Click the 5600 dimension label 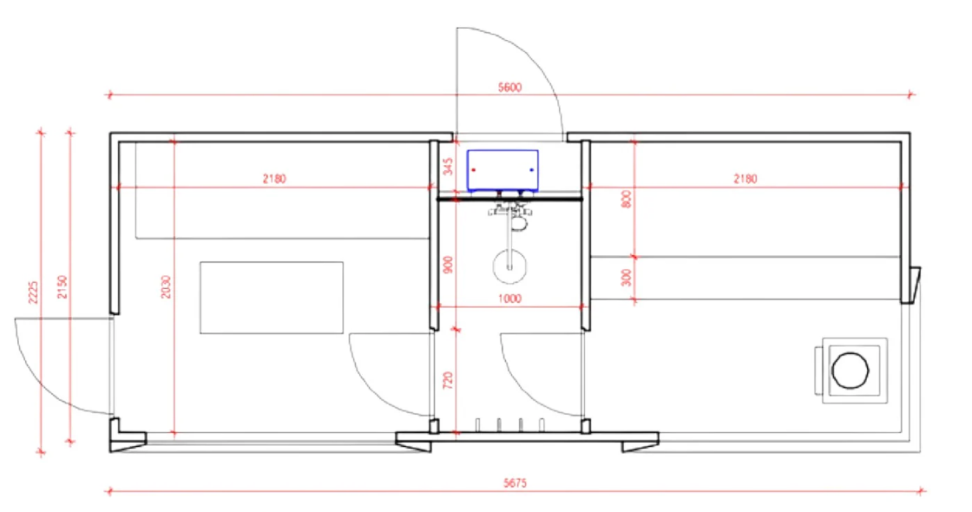point(509,88)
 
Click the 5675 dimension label point(516,482)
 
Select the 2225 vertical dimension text point(34,292)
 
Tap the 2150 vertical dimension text point(62,287)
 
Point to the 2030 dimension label point(166,286)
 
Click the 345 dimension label point(448,166)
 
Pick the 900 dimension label point(448,265)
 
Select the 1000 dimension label point(509,299)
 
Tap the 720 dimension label point(448,380)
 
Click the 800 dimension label point(626,200)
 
